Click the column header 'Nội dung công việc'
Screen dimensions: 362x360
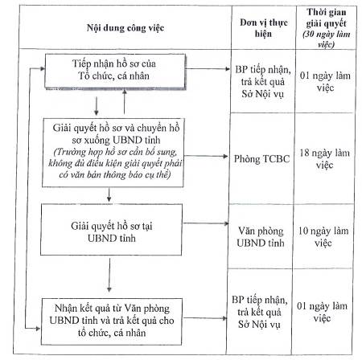pyautogui.click(x=125, y=28)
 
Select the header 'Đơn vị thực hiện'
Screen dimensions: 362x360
pyautogui.click(x=264, y=28)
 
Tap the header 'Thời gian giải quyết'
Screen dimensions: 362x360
pyautogui.click(x=327, y=18)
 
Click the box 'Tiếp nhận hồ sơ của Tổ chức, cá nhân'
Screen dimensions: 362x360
pyautogui.click(x=115, y=72)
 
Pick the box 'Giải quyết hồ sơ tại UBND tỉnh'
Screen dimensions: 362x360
pyautogui.click(x=111, y=230)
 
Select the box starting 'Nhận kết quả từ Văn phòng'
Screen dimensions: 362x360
pyautogui.click(x=112, y=321)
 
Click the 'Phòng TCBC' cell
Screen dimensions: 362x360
pyautogui.click(x=261, y=159)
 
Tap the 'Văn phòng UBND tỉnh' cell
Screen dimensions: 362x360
pyautogui.click(x=261, y=237)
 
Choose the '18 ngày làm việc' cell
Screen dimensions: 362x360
pyautogui.click(x=324, y=158)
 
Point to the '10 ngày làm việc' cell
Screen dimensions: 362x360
pyautogui.click(x=323, y=237)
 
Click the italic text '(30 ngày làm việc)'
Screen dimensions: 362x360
pyautogui.click(x=326, y=39)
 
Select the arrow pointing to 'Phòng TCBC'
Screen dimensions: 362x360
pyautogui.click(x=206, y=156)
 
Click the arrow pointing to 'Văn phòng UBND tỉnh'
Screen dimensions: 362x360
pyautogui.click(x=205, y=223)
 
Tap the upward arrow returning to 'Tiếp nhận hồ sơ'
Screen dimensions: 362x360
pyautogui.click(x=124, y=102)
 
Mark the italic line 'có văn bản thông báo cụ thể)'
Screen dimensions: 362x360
pyautogui.click(x=115, y=174)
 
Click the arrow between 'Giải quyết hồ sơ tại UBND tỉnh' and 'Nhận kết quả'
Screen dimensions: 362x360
pyautogui.click(x=109, y=275)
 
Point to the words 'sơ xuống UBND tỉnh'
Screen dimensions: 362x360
pyautogui.click(x=116, y=140)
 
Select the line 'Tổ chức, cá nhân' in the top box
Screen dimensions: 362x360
pyautogui.click(x=113, y=76)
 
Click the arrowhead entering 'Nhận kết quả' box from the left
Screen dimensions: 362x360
pyautogui.click(x=38, y=329)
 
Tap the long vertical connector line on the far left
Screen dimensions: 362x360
pyautogui.click(x=27, y=198)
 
